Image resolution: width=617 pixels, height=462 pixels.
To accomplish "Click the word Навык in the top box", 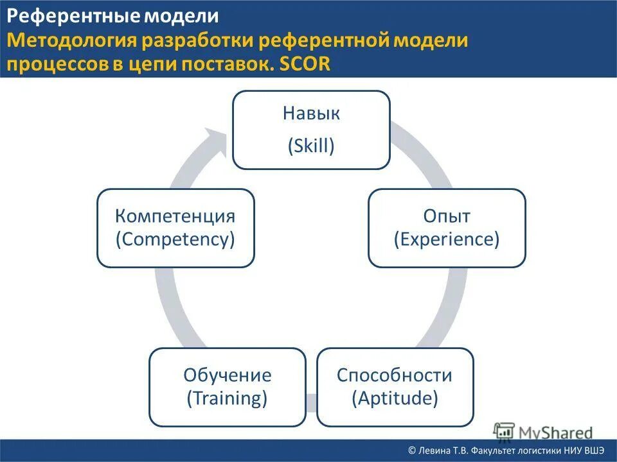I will pyautogui.click(x=311, y=114).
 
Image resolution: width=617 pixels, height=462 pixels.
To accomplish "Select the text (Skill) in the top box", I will pyautogui.click(x=311, y=146).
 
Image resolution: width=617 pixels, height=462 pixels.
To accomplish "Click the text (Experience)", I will pyautogui.click(x=447, y=239).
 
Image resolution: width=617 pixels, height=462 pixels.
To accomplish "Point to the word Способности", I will pyautogui.click(x=395, y=375).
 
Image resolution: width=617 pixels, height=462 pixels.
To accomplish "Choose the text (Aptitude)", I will pyautogui.click(x=395, y=398).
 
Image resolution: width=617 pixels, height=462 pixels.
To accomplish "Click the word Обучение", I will pyautogui.click(x=227, y=375).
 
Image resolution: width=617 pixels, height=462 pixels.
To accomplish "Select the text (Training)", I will pyautogui.click(x=227, y=398).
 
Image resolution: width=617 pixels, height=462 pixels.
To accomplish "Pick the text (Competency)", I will pyautogui.click(x=175, y=239).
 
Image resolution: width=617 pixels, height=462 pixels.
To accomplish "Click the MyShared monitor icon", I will pyautogui.click(x=505, y=431).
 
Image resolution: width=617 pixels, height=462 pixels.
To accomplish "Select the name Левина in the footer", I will pyautogui.click(x=436, y=451).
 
